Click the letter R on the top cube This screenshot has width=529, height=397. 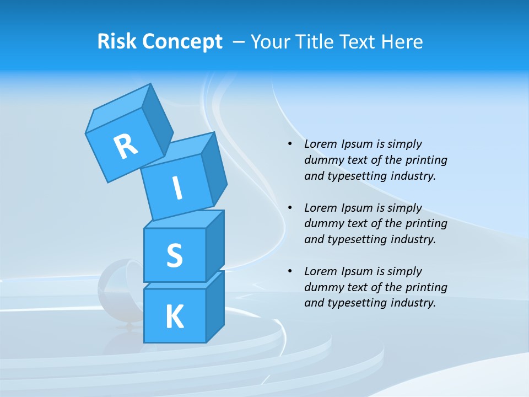126,146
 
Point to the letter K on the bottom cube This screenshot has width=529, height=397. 174,317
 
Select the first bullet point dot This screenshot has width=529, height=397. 290,144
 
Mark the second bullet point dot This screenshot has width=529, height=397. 290,208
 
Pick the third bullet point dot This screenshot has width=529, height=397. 290,271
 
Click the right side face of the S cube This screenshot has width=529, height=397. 215,245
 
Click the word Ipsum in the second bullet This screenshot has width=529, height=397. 357,208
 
